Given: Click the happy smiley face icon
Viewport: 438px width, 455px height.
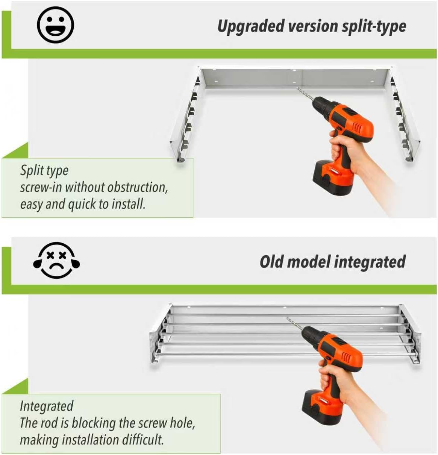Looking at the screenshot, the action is coord(55,24).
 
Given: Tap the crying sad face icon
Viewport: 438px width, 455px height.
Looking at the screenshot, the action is coord(56,260).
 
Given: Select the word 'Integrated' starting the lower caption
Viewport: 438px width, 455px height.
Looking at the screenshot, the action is coord(47,406).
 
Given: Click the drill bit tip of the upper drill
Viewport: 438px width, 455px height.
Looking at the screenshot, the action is coord(297,88).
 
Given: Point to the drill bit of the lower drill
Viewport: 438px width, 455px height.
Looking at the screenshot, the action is coord(294,323).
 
